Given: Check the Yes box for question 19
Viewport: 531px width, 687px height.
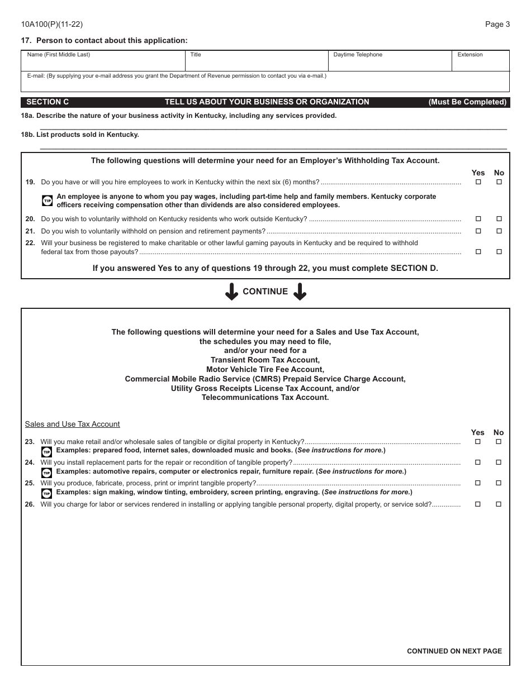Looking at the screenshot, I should coord(478,182).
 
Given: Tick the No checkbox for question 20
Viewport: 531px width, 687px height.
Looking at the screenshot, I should coord(499,219).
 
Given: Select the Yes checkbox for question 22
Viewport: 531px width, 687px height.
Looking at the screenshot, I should coord(478,252).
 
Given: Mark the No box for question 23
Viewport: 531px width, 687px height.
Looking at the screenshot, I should coord(499,442).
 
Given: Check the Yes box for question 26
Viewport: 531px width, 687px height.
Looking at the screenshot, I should coord(478,504).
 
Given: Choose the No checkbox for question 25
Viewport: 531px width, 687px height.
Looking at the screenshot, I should coord(499,483).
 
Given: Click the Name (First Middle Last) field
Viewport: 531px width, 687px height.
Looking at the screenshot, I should coord(103,63).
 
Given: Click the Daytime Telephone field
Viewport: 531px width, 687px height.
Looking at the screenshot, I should coord(390,63).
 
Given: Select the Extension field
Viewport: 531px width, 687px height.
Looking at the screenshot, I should coord(481,63).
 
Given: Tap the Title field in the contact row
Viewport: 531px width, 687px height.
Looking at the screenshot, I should coord(257,63).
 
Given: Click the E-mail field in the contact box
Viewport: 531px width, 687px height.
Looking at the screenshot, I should coord(265,84).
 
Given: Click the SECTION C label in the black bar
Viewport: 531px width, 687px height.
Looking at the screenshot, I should coord(48,102).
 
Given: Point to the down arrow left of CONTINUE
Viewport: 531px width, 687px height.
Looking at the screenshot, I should coord(231,292).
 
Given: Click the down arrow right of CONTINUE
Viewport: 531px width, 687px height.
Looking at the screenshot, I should coord(300,292).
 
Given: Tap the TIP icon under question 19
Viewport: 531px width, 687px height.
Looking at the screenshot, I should coord(48,201).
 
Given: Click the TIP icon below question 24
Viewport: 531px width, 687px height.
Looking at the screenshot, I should coord(47,473).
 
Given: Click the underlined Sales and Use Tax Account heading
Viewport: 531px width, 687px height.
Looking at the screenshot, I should coord(72,424).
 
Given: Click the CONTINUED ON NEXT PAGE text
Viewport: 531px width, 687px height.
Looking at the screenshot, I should coord(454,651).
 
